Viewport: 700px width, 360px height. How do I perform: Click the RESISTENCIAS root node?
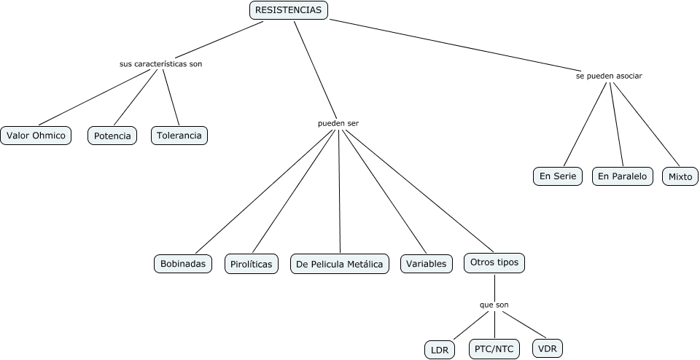289,10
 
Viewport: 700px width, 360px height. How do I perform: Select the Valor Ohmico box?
36,136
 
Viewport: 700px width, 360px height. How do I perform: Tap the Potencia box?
112,136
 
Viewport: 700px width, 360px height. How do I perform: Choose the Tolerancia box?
179,136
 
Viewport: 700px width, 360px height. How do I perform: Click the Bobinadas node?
183,263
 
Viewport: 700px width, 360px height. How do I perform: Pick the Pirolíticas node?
252,264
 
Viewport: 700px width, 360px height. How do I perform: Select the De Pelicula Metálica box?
339,264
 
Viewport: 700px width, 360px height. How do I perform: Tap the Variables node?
426,264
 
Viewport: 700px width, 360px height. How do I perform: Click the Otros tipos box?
494,262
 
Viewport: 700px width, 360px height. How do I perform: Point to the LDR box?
440,350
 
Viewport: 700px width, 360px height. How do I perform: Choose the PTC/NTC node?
494,348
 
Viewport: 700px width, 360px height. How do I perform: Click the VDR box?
548,348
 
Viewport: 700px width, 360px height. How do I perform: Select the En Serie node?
558,176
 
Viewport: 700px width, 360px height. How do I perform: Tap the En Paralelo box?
622,176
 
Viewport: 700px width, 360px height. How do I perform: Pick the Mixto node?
680,176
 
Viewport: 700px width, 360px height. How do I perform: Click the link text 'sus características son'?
160,64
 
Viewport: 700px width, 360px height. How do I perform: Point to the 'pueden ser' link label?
338,123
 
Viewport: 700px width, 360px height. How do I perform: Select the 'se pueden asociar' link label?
609,76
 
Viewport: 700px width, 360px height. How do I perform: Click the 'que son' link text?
494,305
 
